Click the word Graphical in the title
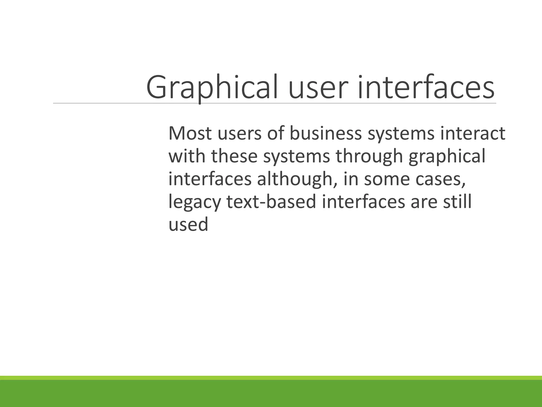point(212,87)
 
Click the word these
point(234,156)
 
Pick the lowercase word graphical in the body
point(447,156)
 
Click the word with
point(187,156)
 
